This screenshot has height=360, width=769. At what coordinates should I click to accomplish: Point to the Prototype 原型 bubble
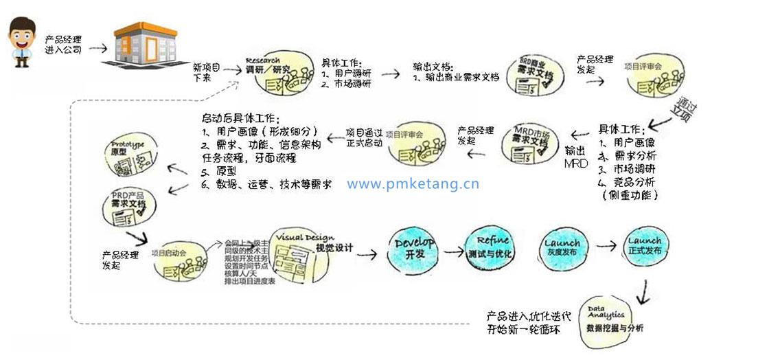click(133, 157)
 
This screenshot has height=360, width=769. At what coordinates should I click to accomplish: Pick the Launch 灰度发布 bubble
click(562, 247)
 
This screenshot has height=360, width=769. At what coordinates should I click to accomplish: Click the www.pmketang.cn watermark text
click(413, 183)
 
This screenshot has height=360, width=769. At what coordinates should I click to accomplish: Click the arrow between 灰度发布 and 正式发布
click(606, 245)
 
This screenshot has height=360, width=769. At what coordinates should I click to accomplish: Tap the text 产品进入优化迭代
click(528, 317)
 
